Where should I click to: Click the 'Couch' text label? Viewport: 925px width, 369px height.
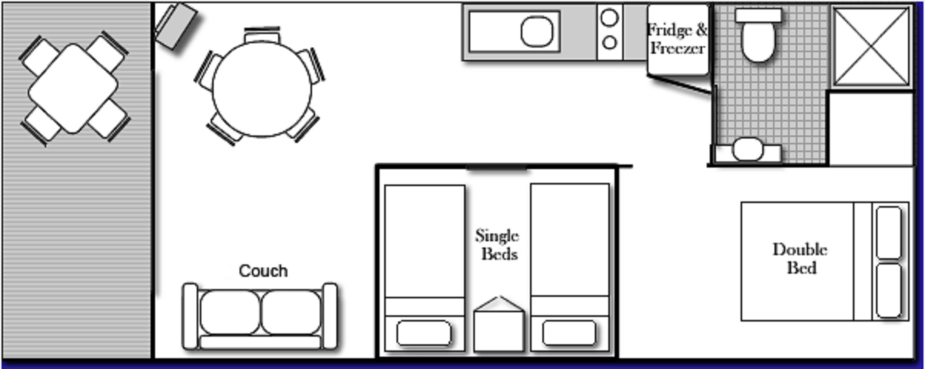263,271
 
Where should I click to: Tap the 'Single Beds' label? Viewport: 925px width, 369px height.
497,245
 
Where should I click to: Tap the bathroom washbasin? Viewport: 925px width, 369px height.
748,149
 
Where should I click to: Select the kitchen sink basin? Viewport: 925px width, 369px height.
537,31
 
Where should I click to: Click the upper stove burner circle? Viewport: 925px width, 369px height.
610,18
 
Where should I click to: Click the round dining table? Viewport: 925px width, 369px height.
262,90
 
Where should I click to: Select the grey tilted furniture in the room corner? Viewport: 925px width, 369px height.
176,26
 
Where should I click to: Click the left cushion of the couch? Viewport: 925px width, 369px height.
230,312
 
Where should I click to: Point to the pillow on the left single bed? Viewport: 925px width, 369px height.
424,333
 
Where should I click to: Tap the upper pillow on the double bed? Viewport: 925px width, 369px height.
889,233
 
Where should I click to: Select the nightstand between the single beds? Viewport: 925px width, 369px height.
498,330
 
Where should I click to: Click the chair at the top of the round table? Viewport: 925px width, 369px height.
262,36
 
